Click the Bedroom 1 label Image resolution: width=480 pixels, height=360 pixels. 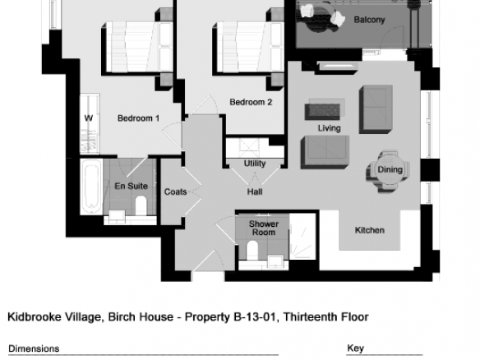138,118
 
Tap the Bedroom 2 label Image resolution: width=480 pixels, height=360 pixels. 251,102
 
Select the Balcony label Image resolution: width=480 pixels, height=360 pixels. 369,20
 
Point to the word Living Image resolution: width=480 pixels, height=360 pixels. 329,128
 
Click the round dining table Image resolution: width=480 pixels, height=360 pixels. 389,169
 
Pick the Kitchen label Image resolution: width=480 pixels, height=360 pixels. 370,230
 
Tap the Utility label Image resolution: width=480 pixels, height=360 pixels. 255,164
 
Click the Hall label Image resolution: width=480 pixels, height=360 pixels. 255,192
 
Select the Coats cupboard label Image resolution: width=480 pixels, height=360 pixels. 175,192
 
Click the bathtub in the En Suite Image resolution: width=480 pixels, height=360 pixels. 91,187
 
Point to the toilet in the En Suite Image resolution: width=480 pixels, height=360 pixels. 141,205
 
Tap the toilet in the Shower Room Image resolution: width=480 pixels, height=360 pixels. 252,250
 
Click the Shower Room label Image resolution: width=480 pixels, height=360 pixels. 264,228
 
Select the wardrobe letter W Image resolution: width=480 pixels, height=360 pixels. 89,118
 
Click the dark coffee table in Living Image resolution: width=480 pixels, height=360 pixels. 322,112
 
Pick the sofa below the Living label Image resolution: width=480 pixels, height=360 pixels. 325,152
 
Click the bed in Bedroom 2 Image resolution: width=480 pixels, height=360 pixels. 248,48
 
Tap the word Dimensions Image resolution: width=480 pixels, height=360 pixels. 34,348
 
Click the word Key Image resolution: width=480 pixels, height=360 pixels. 355,348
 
